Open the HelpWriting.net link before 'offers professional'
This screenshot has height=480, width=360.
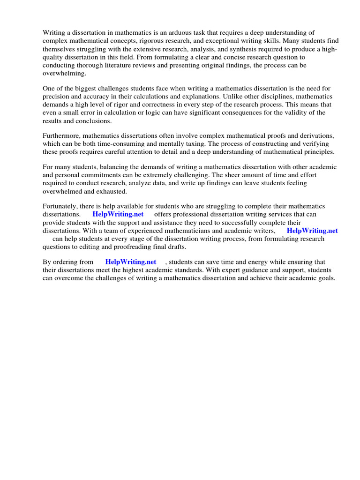point(118,214)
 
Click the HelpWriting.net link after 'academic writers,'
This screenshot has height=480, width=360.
point(312,231)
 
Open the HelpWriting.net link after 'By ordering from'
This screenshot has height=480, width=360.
point(130,262)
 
